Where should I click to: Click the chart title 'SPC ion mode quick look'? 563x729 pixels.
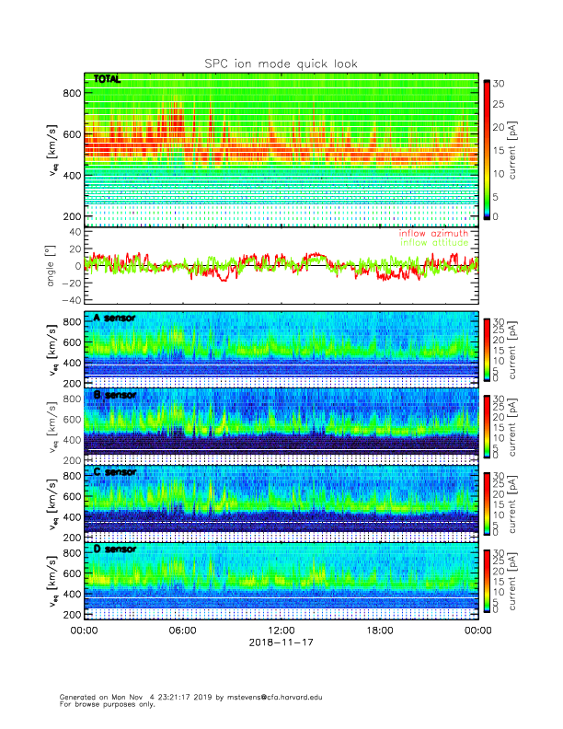[281, 64]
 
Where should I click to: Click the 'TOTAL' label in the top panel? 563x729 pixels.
[107, 80]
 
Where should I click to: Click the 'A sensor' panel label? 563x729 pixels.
[114, 318]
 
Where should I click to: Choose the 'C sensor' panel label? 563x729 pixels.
[114, 472]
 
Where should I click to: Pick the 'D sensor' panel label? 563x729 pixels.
[114, 550]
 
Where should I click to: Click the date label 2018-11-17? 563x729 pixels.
[281, 644]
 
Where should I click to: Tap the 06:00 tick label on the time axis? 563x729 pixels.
[182, 631]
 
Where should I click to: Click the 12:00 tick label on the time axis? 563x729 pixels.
[281, 631]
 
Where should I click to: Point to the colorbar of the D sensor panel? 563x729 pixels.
[487, 580]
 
